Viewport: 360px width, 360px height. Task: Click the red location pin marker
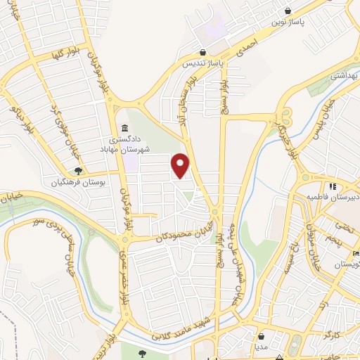coord(181,165)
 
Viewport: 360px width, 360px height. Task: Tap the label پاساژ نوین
coord(289,22)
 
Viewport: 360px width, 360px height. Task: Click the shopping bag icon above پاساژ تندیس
coord(203,51)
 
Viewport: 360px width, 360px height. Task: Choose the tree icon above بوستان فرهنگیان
coord(79,170)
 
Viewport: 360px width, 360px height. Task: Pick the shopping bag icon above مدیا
coord(262,335)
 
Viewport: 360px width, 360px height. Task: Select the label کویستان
coord(344,264)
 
